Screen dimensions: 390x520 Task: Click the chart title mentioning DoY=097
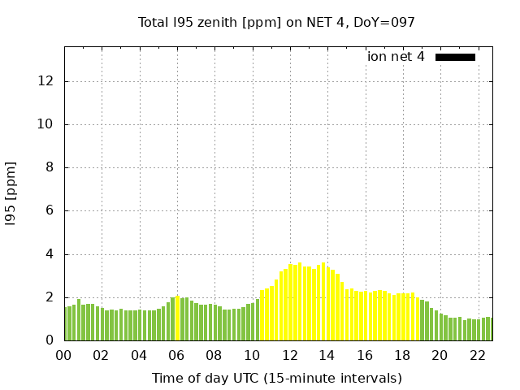[276, 22]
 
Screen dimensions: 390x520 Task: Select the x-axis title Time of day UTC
[276, 378]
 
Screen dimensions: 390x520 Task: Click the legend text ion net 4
[396, 57]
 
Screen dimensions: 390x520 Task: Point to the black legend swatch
[455, 57]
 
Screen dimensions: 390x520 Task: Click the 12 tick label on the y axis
[47, 81]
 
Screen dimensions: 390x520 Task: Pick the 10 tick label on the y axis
[47, 124]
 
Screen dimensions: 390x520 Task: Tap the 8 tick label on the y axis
[50, 167]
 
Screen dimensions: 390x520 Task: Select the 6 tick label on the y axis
[50, 210]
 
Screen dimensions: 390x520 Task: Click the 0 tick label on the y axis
[50, 340]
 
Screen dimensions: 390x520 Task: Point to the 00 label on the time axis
[63, 355]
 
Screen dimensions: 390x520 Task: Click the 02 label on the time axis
[101, 355]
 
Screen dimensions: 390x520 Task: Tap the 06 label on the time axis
[176, 355]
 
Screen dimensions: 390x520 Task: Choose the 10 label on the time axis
[251, 355]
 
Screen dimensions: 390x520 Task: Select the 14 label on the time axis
[327, 355]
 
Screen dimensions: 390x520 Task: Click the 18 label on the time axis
[401, 355]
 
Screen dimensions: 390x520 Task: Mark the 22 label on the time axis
[477, 355]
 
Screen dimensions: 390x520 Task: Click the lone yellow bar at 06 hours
[178, 318]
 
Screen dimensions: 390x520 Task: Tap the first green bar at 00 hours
[66, 323]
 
